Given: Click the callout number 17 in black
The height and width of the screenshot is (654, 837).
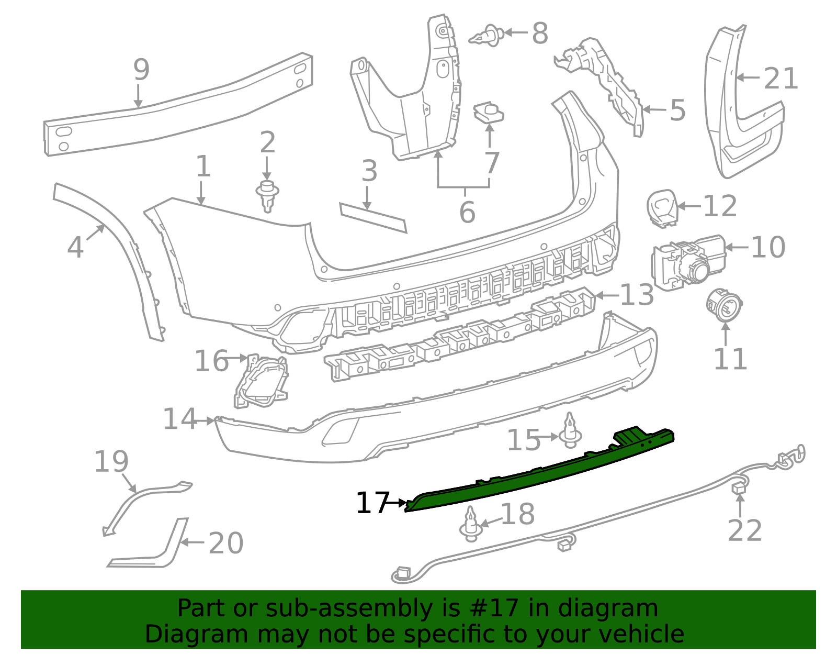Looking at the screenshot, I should click(x=372, y=503).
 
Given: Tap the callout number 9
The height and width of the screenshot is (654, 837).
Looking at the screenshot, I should click(x=141, y=70).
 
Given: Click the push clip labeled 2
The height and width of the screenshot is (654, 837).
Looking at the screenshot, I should click(x=267, y=195).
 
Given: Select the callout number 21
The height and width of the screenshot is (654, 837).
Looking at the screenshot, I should click(x=781, y=79).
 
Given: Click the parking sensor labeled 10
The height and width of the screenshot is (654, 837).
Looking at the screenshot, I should click(x=686, y=262).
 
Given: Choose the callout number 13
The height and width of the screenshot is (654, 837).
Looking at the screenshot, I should click(x=637, y=295).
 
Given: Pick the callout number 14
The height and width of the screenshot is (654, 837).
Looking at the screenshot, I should click(x=179, y=419).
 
